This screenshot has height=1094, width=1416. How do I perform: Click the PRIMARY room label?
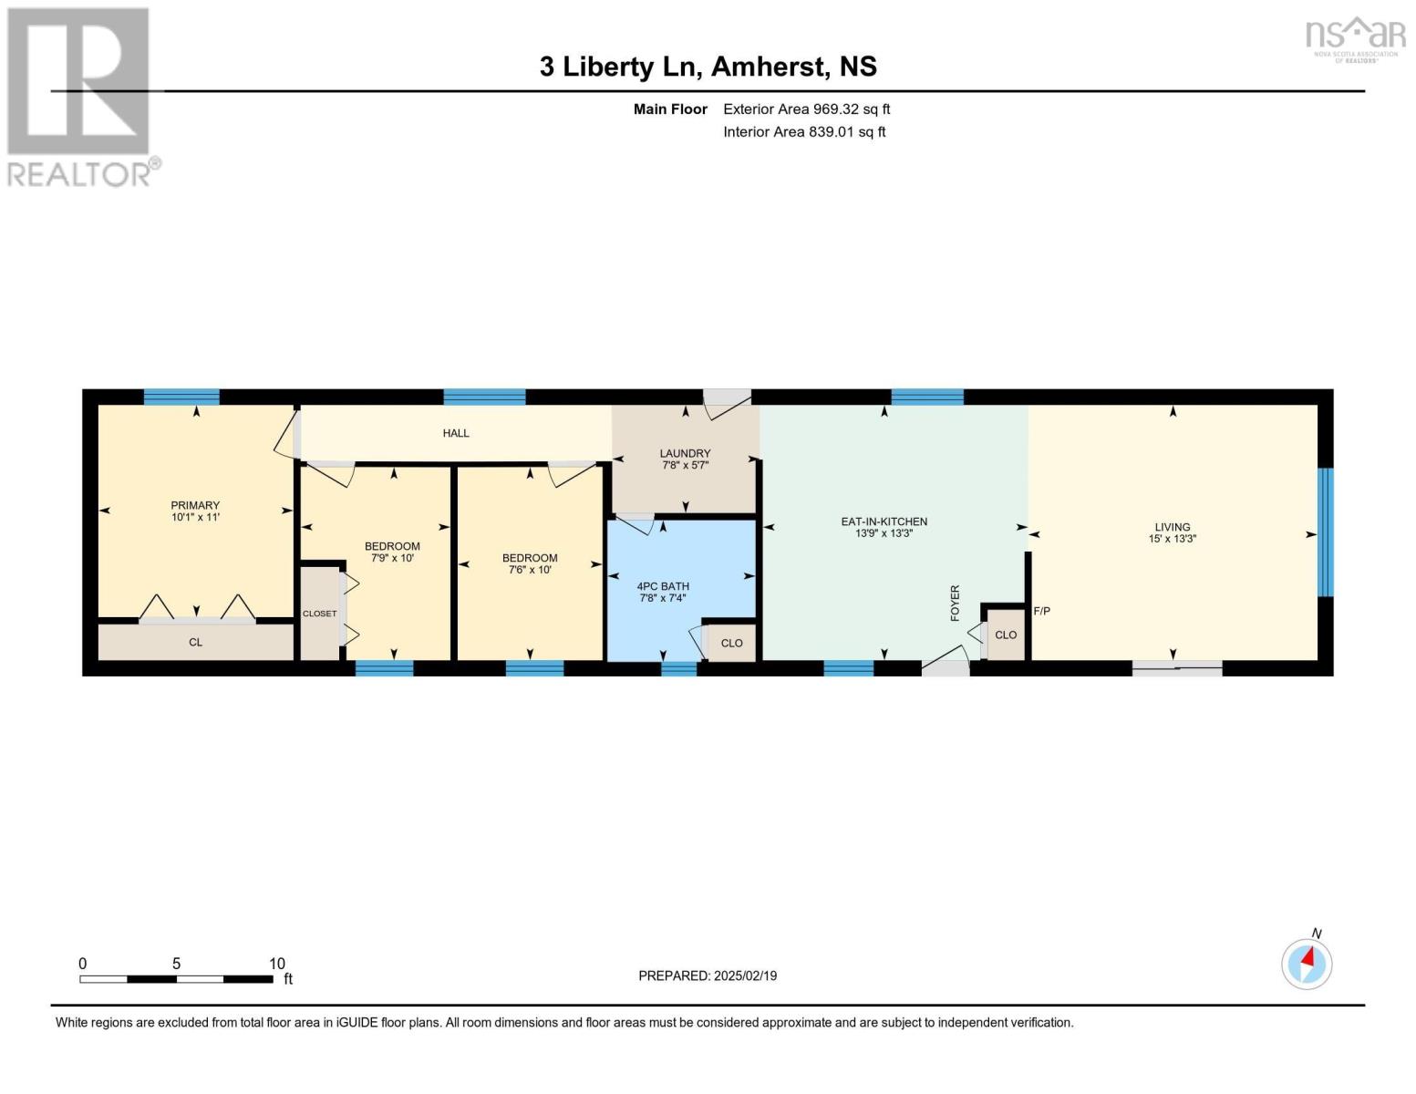click(195, 505)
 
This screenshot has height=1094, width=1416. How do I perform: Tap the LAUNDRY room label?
click(684, 453)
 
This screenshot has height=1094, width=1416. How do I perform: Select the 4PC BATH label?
click(663, 586)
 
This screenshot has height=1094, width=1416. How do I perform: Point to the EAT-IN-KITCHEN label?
click(884, 521)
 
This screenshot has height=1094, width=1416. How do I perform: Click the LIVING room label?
click(1173, 526)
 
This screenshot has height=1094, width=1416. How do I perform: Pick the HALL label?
click(456, 433)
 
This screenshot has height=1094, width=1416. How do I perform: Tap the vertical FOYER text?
click(955, 603)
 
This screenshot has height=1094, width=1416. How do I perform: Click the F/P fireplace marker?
click(1041, 611)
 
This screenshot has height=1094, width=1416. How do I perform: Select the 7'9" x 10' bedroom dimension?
click(392, 558)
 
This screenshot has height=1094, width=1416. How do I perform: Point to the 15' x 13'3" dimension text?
click(1173, 538)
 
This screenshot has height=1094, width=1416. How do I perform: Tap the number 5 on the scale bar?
click(176, 963)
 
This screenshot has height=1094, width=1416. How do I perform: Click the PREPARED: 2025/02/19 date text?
click(708, 975)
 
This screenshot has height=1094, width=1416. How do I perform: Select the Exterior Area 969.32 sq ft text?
click(806, 108)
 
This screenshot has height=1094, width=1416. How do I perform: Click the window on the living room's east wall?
click(1326, 532)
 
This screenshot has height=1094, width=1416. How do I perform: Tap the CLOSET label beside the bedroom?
click(319, 614)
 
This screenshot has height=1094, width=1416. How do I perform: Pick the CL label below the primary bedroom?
click(195, 642)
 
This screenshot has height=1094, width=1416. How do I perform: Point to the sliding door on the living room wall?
click(1177, 668)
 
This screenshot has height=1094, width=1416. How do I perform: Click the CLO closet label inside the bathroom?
click(731, 643)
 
